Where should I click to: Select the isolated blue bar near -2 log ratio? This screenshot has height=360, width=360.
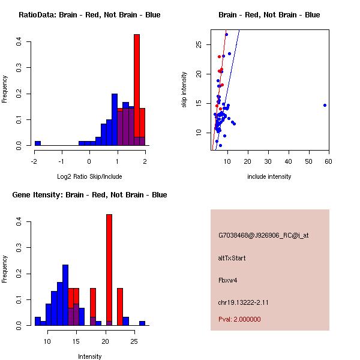pos(38,143)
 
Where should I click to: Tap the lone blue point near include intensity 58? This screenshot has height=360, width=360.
pos(325,105)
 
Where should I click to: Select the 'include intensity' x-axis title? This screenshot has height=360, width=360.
pos(269,176)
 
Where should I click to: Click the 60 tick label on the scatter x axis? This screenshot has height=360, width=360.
pos(329,161)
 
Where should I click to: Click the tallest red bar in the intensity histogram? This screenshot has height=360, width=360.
pos(109,270)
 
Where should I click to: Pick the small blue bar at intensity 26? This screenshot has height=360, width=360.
pos(142,323)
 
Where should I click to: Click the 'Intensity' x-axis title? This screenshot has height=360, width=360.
pos(89,356)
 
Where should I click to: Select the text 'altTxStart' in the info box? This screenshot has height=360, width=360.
pos(232,258)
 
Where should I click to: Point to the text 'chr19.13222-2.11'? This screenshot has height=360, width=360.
pos(243,302)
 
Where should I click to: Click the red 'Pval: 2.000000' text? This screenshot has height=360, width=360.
pos(239,319)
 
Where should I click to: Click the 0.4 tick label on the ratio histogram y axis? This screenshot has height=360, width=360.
pos(20,41)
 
